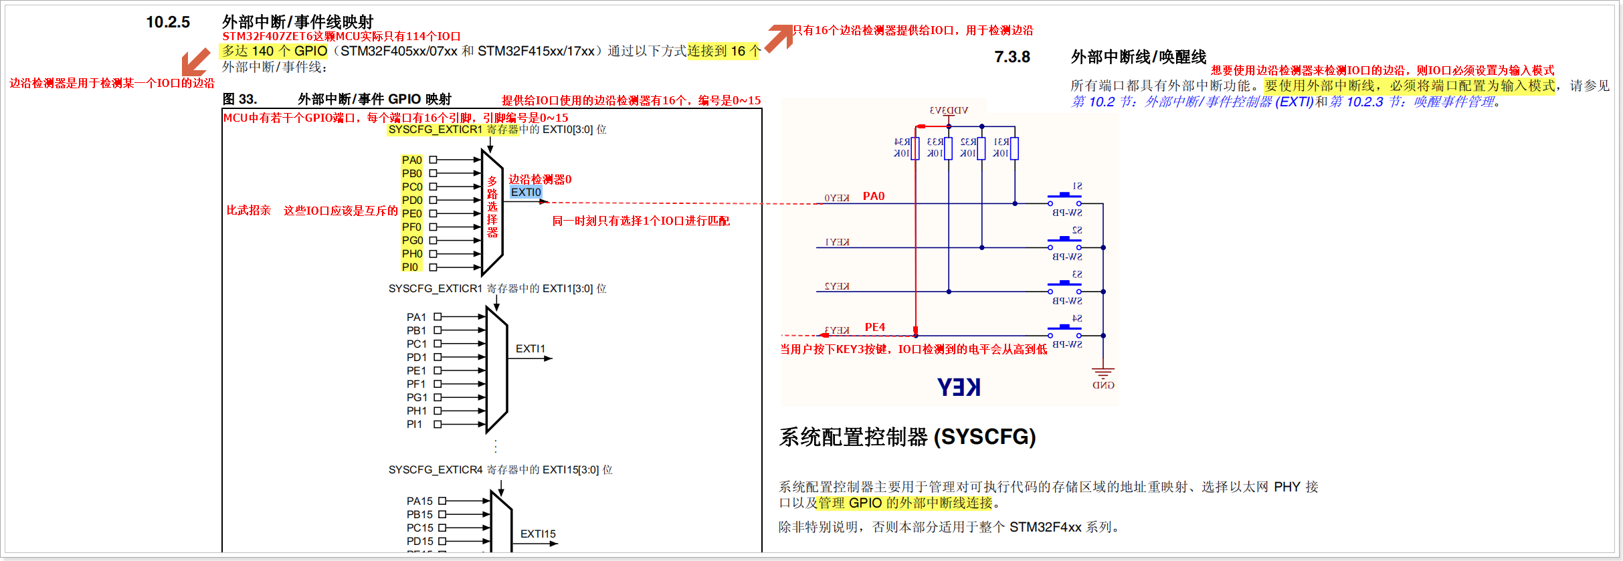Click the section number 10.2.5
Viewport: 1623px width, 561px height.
point(168,22)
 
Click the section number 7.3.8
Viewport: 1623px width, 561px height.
point(1012,57)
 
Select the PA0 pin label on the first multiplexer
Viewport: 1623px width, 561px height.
point(411,160)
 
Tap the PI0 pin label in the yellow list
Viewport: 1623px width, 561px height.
point(410,267)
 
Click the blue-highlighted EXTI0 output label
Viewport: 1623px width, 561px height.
point(526,193)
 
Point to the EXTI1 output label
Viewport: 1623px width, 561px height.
point(530,349)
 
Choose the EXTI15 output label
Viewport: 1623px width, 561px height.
point(538,534)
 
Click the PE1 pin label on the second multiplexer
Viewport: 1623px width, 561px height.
point(416,371)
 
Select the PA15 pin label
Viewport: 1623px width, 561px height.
point(419,501)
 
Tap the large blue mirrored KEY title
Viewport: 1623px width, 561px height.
point(959,387)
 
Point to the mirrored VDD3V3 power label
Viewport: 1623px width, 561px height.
point(949,110)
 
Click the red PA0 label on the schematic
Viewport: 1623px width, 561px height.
point(874,196)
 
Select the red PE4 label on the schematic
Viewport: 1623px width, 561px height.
point(875,327)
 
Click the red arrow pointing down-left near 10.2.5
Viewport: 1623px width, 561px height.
point(195,62)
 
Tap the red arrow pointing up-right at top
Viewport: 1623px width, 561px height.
point(779,37)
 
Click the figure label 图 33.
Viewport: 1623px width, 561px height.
point(240,100)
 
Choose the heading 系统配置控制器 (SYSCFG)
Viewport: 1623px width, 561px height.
point(907,437)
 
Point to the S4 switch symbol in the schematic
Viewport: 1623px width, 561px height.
point(1064,330)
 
